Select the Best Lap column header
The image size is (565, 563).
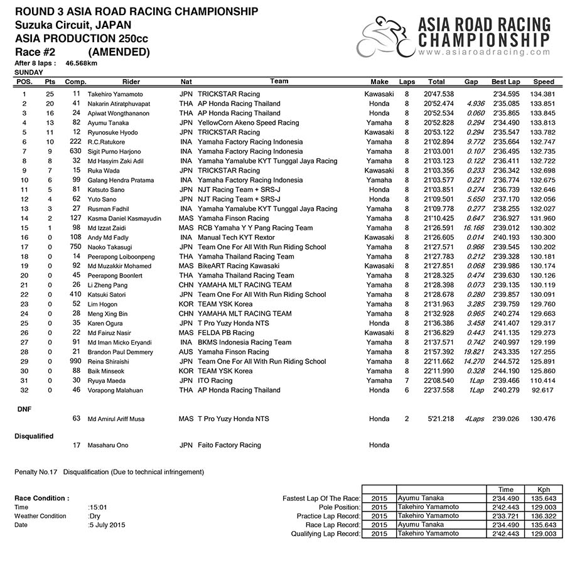505,82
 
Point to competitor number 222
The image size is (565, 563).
76,142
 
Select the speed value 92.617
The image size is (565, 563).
543,390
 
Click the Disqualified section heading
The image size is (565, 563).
34,436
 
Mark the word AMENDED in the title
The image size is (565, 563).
119,52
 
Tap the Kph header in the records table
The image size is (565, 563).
544,489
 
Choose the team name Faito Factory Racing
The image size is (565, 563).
229,445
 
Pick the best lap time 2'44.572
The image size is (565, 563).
505,362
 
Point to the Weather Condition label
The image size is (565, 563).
40,516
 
